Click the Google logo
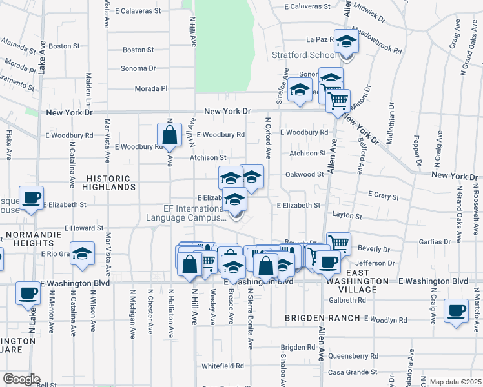pos(21,379)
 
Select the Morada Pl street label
pos(151,88)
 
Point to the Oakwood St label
pos(304,174)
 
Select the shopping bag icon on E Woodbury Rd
pos(169,135)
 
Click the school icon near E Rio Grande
pos(82,255)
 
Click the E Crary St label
pos(384,193)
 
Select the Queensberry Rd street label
pos(353,356)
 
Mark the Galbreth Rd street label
pos(347,300)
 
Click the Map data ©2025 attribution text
pos(455,382)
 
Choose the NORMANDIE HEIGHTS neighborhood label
pos(27,238)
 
